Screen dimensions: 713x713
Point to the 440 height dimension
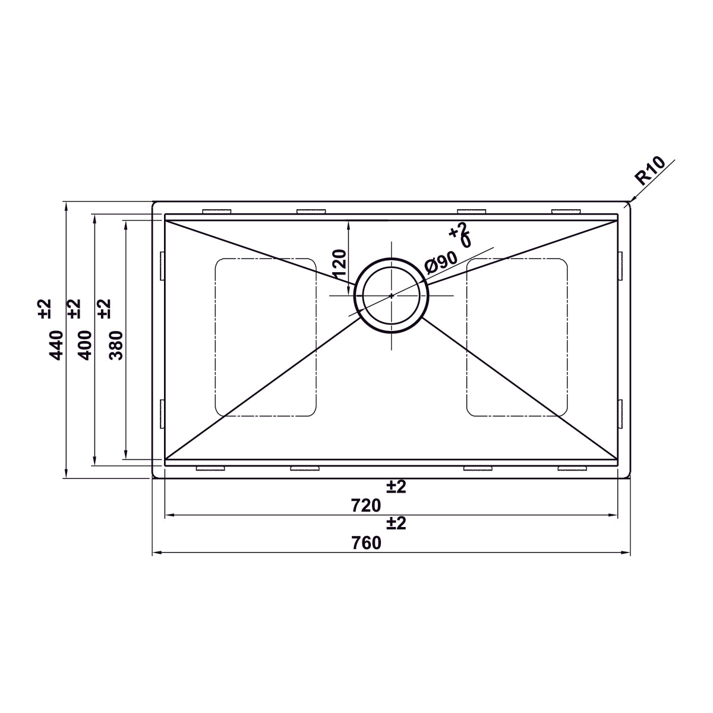tap(56, 344)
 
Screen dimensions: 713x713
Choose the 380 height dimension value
tap(116, 345)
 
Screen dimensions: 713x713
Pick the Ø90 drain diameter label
tap(441, 262)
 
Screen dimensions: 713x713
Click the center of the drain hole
tap(391, 295)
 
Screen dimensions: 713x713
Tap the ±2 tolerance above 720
tap(396, 487)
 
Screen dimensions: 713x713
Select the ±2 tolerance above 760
tap(396, 523)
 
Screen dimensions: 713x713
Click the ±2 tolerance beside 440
tap(45, 308)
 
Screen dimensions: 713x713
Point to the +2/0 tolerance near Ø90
tap(460, 235)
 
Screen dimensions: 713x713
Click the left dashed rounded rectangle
tap(265, 337)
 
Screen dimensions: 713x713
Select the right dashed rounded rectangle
tap(517, 337)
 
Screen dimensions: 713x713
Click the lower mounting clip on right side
tap(620, 414)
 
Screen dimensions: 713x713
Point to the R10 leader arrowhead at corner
tap(627, 204)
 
